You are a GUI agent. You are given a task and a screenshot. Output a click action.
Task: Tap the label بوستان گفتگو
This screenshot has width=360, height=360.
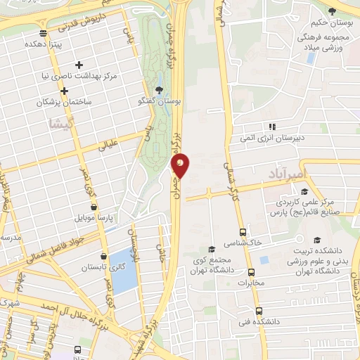[159, 101]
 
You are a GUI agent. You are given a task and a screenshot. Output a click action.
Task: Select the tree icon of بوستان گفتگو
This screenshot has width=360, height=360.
[159, 90]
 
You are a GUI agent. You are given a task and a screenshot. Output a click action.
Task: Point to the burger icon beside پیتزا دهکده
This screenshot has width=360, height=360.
[44, 32]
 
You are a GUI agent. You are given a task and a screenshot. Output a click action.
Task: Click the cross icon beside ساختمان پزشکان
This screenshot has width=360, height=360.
[64, 91]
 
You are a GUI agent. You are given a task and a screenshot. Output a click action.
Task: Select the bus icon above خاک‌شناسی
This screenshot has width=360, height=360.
[243, 231]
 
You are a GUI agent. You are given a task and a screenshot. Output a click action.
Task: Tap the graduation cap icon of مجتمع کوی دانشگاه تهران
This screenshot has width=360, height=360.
[211, 249]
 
